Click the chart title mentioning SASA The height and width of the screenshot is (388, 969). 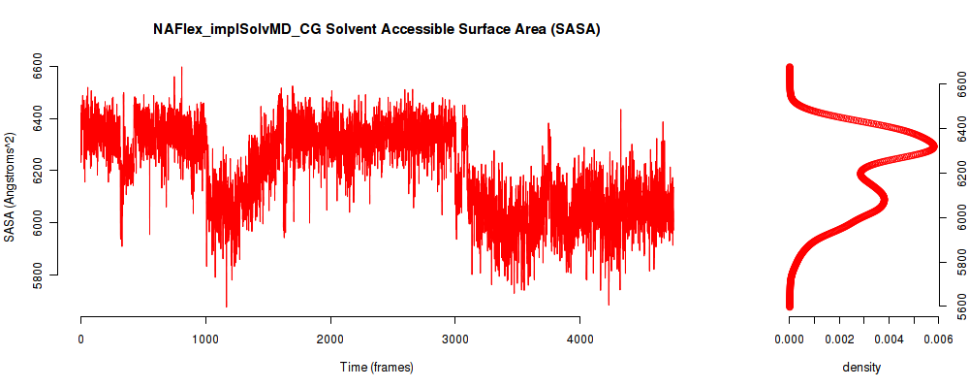[377, 29]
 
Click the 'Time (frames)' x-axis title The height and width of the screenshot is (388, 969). [377, 368]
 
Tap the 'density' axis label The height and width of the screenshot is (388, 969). [861, 368]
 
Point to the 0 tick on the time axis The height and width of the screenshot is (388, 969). [80, 339]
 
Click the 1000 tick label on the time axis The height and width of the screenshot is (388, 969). [205, 339]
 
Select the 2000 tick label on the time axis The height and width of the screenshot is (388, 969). [330, 339]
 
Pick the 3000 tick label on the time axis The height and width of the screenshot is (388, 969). [455, 339]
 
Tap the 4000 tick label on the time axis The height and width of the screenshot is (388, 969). [579, 339]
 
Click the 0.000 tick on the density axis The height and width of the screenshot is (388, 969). [790, 339]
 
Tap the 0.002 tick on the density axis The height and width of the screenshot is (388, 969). [839, 339]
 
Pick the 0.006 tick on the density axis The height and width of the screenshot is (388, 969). [937, 339]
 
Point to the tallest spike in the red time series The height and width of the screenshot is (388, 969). [181, 68]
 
